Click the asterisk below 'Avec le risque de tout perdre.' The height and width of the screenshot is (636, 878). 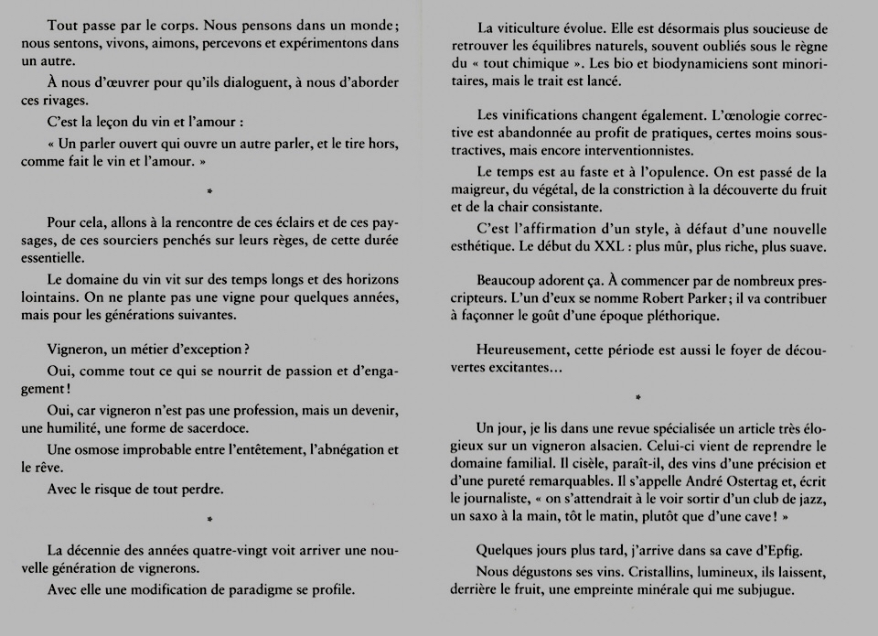point(210,519)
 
